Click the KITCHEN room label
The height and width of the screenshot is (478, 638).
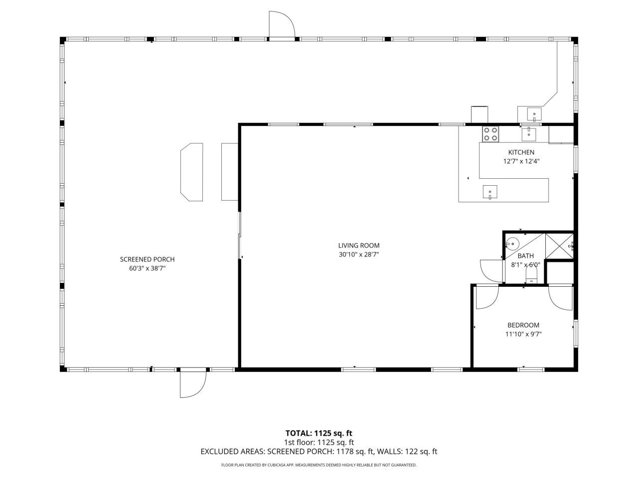tap(521, 152)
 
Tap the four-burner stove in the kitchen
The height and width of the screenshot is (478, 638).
tap(490, 133)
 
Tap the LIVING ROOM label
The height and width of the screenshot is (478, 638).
tap(359, 245)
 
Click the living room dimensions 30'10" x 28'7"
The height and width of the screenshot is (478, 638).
tap(359, 254)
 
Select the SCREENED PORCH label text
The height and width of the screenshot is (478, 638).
tap(147, 259)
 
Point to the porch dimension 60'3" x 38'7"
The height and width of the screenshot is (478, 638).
tap(147, 268)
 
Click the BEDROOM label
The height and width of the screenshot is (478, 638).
tap(523, 325)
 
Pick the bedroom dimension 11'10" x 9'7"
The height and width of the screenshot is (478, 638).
tap(523, 334)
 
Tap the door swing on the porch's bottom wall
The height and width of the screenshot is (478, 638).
tap(192, 384)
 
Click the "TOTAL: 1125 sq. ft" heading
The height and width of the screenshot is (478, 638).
tap(319, 433)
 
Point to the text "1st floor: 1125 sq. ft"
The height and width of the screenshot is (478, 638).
tap(319, 442)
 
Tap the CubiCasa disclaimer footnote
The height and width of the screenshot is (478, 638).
tap(319, 465)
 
